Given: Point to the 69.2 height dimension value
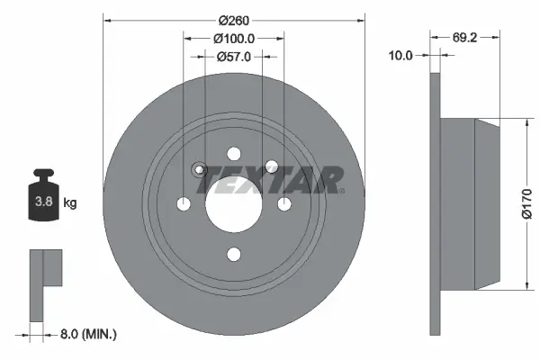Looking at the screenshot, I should point(463,37).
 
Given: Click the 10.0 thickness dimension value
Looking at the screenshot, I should point(400,55).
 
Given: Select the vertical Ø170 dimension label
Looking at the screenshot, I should point(528,203).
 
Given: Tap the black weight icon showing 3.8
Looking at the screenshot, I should point(42,198).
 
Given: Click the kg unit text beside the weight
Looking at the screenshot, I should point(70,203).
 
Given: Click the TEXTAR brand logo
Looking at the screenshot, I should point(270,180).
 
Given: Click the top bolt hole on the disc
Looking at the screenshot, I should point(234,154).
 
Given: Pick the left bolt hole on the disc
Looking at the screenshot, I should point(184,205).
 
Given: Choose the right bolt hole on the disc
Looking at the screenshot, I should point(284,205).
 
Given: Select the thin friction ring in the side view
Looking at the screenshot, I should point(436,203).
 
